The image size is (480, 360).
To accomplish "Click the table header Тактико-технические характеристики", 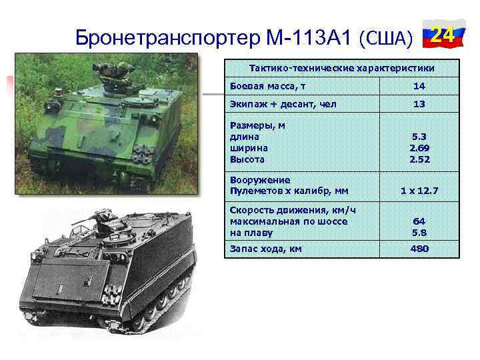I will pos(341,68).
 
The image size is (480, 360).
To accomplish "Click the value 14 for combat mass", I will pos(419,87).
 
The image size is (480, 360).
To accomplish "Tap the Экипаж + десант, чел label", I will pos(283,104).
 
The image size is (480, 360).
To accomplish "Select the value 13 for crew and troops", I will pos(419,105).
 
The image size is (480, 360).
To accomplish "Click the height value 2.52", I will pos(419,159).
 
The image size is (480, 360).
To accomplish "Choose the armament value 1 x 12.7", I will pos(419,191).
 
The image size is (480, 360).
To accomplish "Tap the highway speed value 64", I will pos(419,221).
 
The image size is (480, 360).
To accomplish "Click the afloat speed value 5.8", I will pos(419,233).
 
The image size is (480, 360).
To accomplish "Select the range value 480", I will pos(419,249).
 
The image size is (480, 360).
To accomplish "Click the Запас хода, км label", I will pos(265,249).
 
